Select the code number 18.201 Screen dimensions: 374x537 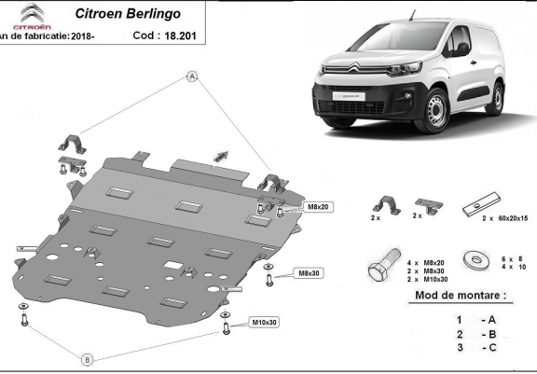[180, 36]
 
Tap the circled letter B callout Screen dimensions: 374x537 [87, 359]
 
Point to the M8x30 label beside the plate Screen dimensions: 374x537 [309, 273]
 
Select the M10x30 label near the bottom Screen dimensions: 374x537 [265, 323]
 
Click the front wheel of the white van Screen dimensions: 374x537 [434, 113]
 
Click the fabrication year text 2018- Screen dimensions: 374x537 [88, 36]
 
